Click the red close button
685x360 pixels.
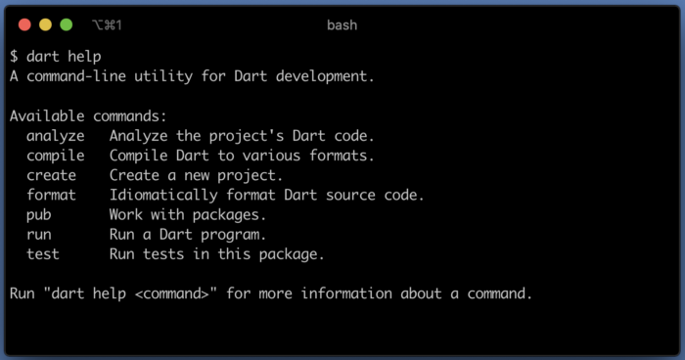(x=24, y=24)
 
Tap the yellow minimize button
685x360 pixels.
(x=45, y=24)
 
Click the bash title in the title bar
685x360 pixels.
(x=342, y=24)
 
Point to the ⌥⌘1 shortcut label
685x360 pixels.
(x=107, y=24)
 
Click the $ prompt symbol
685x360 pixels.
(x=14, y=57)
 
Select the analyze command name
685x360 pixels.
(x=56, y=136)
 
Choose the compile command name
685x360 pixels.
(x=56, y=156)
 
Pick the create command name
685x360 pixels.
(x=51, y=175)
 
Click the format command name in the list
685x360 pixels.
(x=51, y=195)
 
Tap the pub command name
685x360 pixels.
(x=39, y=215)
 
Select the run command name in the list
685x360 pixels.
(x=39, y=235)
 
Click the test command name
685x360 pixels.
(x=43, y=254)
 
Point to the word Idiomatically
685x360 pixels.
(x=163, y=195)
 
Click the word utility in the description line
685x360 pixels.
(x=163, y=76)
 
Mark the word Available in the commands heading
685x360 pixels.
(x=47, y=115)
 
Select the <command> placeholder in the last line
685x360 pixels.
(x=171, y=293)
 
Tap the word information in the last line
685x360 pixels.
(x=346, y=293)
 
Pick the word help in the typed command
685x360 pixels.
(x=84, y=57)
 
